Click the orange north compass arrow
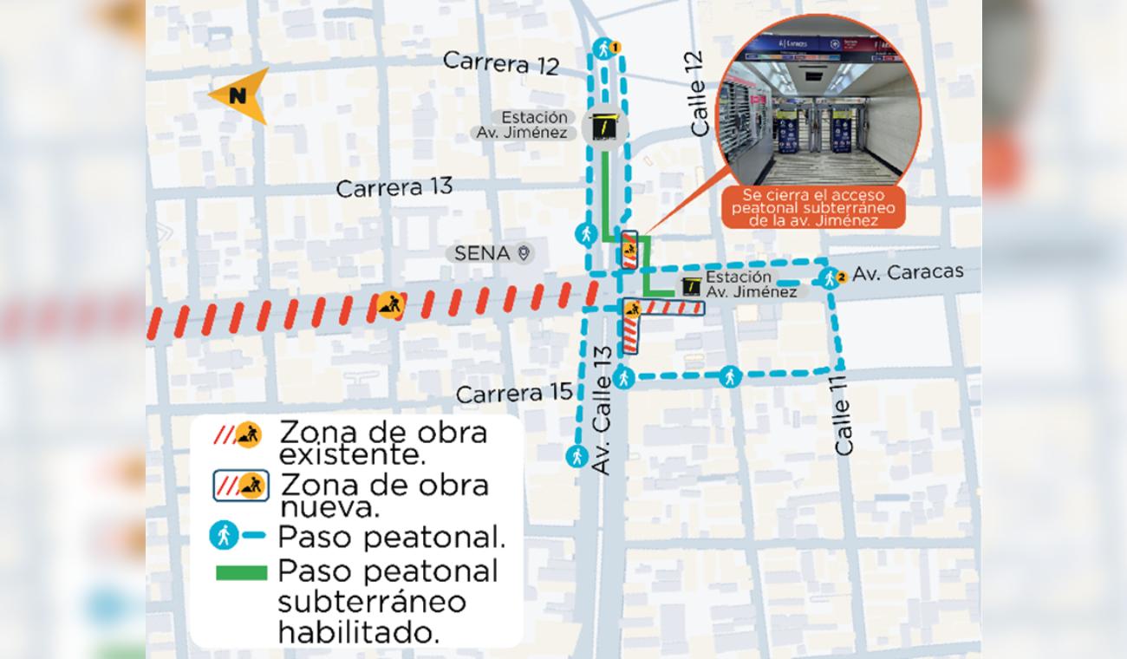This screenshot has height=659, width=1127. pyautogui.click(x=238, y=95)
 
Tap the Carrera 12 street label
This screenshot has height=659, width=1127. pyautogui.click(x=502, y=62)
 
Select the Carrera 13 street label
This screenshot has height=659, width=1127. pyautogui.click(x=394, y=186)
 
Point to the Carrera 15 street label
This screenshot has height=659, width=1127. pyautogui.click(x=514, y=394)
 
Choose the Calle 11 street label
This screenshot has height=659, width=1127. pyautogui.click(x=844, y=415)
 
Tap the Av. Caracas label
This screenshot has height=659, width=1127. pyautogui.click(x=908, y=272)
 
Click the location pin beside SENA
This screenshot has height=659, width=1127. pyautogui.click(x=524, y=253)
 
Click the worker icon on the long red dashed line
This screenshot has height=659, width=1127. pyautogui.click(x=390, y=305)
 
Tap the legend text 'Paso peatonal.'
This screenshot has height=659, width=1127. pyautogui.click(x=391, y=537)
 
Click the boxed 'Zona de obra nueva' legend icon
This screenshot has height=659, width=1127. pyautogui.click(x=241, y=486)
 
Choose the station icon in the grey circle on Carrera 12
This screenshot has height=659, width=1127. pyautogui.click(x=606, y=128)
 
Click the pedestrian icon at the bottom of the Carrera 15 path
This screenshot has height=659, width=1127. pyautogui.click(x=577, y=455)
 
